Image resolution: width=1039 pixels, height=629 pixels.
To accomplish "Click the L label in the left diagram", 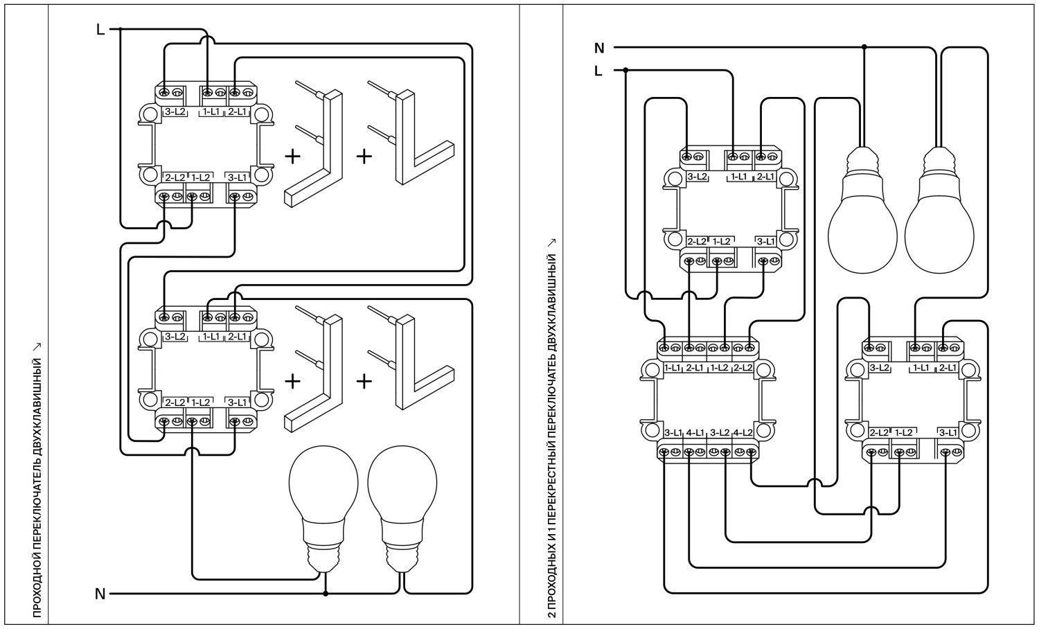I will [x=100, y=29].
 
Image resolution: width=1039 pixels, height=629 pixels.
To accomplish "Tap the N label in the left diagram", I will [x=100, y=594].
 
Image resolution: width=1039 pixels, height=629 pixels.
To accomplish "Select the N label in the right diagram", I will [x=599, y=48].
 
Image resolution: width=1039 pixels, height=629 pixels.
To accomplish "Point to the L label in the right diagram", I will [x=598, y=71].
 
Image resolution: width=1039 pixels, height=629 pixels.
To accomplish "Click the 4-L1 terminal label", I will [x=695, y=433].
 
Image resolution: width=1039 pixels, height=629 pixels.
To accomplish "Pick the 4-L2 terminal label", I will [x=743, y=433].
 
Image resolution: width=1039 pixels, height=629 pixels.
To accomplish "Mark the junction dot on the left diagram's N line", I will [x=326, y=594].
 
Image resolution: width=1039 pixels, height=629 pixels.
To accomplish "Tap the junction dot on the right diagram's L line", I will [x=625, y=70].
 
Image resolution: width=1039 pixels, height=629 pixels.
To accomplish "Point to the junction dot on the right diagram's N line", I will [x=864, y=47].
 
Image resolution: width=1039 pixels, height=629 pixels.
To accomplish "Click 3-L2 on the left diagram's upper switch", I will [x=175, y=111].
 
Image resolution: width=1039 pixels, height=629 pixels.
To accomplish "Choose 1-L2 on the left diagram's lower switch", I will [x=200, y=402].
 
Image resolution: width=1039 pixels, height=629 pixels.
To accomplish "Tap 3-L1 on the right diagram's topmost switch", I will [x=765, y=242].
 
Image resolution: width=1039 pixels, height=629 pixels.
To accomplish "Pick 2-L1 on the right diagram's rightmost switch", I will [x=947, y=368].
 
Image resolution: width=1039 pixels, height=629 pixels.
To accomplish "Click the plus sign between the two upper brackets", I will [x=364, y=156].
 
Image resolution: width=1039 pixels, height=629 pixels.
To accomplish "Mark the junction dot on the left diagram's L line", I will [x=121, y=29].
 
